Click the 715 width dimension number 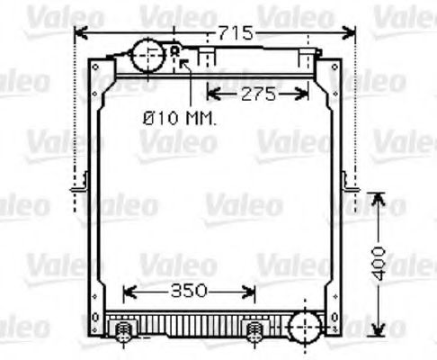[x=236, y=33]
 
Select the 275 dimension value [x=256, y=92]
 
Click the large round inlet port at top [x=146, y=57]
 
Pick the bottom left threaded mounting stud [x=124, y=332]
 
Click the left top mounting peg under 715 [x=207, y=58]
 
